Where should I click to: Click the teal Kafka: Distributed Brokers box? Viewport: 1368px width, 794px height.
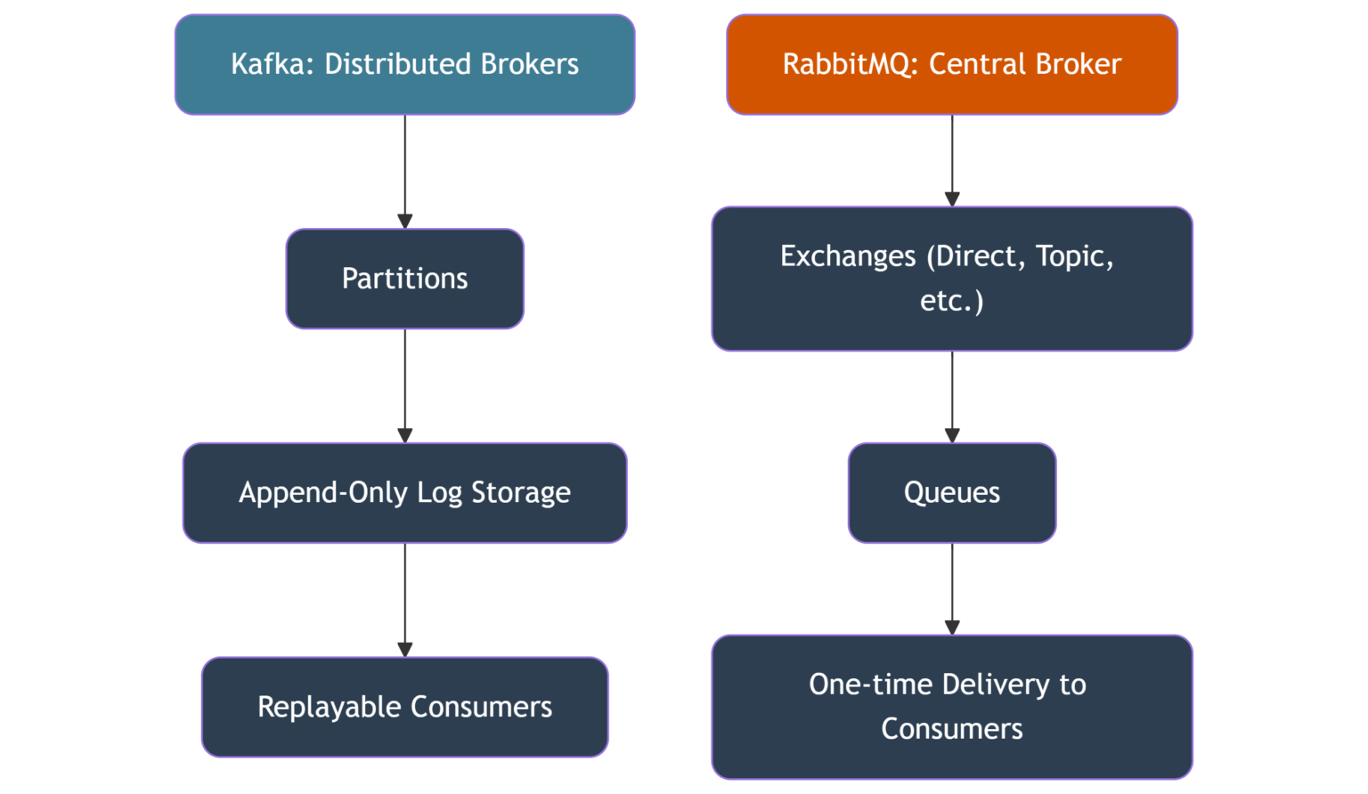coord(404,64)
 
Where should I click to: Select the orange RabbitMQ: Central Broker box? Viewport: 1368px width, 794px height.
coord(951,64)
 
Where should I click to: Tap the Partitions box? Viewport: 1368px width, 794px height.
coord(404,279)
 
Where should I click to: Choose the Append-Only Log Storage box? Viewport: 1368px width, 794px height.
coord(404,492)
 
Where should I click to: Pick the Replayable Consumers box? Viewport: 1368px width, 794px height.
coord(404,707)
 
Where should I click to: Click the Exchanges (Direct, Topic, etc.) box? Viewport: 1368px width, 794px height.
coord(951,279)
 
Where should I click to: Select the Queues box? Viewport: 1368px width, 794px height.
coord(951,492)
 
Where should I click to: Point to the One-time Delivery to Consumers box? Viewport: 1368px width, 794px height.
coord(951,707)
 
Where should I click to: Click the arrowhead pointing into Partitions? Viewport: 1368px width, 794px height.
coord(405,221)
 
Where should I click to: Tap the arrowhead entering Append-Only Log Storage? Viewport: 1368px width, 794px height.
coord(405,435)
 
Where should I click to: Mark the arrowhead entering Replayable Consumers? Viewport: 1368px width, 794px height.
coord(405,650)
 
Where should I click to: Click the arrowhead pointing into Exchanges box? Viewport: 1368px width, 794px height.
coord(952,198)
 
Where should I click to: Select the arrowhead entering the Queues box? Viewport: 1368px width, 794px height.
coord(952,435)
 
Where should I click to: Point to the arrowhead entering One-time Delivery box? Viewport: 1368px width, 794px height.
coord(952,628)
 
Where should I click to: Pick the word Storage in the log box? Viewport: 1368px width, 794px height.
coord(520,492)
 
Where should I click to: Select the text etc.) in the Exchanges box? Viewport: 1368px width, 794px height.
coord(951,301)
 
